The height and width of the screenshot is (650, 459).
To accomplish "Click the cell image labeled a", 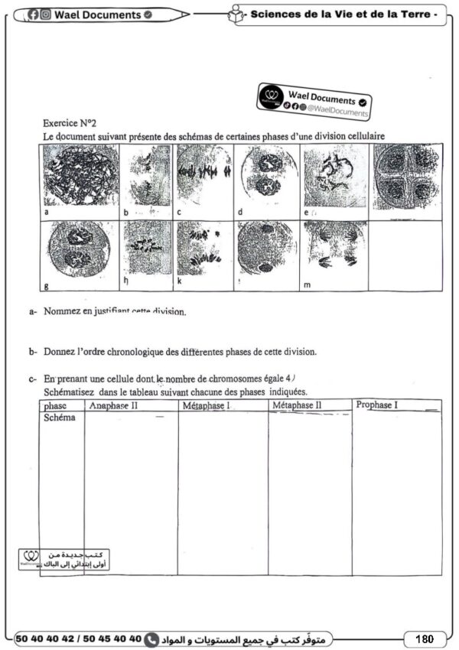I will (80, 177).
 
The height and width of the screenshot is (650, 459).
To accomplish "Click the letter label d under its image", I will (240, 212).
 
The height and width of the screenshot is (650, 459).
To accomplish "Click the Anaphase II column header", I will (113, 405).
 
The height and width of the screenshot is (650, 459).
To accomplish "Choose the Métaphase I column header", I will (207, 405).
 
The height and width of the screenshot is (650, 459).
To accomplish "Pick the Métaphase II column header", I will (298, 405).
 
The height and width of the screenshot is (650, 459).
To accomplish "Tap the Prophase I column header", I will (377, 404).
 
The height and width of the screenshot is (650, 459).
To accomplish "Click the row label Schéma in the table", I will (60, 418).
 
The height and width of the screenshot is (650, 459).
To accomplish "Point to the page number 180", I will (425, 639).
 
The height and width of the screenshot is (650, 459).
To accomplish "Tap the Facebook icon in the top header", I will (33, 14).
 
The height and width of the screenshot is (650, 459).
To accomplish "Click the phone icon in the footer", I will (151, 639).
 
